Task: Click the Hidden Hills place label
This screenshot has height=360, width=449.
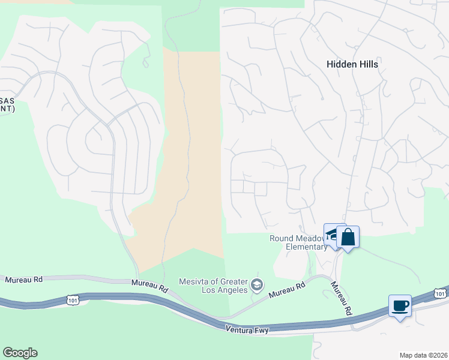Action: [352, 64]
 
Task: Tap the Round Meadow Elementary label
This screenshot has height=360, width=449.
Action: [298, 242]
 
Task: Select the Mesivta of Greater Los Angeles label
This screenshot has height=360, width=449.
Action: [214, 286]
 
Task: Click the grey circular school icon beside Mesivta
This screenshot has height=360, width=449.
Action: [258, 284]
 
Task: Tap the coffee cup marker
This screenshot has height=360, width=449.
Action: [400, 306]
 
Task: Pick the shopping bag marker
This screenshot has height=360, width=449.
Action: [348, 237]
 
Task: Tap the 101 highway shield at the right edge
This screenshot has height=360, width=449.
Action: [440, 293]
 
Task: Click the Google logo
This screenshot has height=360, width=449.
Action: [20, 353]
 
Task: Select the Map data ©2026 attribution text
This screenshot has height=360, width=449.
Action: [423, 355]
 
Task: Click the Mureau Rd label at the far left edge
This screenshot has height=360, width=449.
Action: [24, 280]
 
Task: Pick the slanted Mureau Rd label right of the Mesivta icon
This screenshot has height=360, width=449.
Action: [288, 291]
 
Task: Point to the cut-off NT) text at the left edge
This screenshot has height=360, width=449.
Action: [7, 110]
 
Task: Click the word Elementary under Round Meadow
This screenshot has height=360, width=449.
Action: [306, 247]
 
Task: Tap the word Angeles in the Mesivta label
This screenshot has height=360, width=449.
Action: [232, 290]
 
